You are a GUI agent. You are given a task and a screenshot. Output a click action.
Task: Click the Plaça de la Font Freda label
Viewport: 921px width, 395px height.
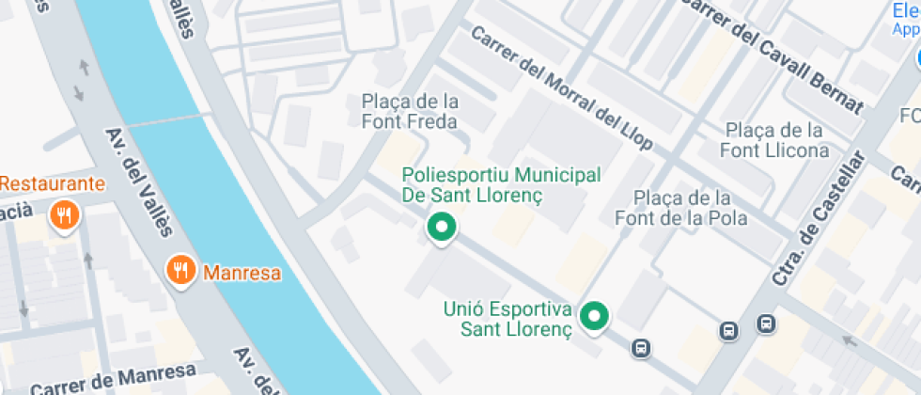pos(410,111)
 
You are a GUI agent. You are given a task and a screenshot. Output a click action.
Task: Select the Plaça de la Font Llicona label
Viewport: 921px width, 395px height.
pos(774,140)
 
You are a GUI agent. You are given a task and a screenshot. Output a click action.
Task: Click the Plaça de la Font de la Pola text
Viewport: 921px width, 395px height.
pos(680,208)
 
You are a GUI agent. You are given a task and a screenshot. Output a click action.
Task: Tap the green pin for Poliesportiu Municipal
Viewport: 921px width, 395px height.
pos(441,227)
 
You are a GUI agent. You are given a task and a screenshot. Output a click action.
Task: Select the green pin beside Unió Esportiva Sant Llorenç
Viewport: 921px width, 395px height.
pos(592,316)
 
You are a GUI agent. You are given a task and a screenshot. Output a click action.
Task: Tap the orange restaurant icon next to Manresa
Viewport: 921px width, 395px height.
pos(181,272)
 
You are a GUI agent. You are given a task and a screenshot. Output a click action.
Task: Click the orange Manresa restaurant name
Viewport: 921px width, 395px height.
pos(242,274)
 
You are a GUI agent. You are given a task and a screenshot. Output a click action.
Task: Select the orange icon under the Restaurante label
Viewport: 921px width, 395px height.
pos(64,215)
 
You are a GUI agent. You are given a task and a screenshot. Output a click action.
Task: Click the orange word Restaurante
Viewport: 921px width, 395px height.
pos(52,183)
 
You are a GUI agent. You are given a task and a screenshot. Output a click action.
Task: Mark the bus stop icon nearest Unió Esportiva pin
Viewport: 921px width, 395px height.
pos(641,348)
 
